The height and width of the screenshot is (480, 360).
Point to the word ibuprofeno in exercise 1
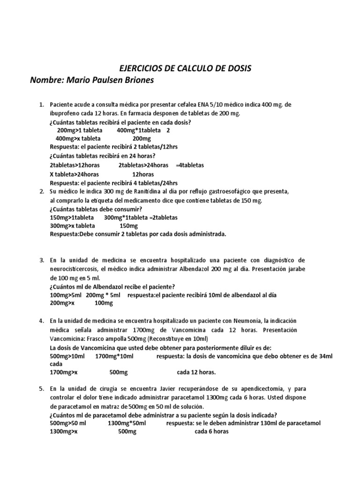[66, 113]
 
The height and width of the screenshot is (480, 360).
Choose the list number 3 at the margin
[41, 260]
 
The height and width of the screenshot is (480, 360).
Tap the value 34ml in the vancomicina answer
[325, 357]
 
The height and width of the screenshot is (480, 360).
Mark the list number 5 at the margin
[41, 389]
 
